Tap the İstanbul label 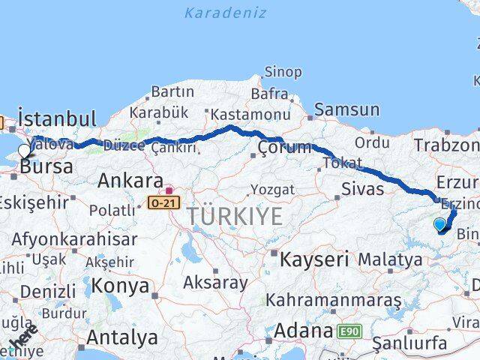click(x=57, y=119)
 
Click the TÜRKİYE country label click(x=235, y=217)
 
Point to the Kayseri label click(x=314, y=260)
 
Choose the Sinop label click(x=283, y=73)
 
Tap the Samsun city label click(x=346, y=109)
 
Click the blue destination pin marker click(x=439, y=223)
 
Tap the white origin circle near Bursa click(x=24, y=150)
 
